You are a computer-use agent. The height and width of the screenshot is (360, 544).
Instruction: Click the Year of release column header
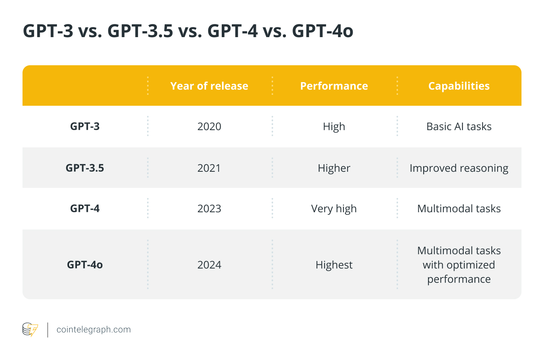[x=209, y=86]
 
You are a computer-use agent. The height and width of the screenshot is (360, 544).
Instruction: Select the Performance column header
[x=334, y=86]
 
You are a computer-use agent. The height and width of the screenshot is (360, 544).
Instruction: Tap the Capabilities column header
[x=459, y=86]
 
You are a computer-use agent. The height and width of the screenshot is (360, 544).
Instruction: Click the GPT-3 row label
[x=85, y=126]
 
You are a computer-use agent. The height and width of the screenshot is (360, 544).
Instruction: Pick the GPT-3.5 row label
[x=85, y=168]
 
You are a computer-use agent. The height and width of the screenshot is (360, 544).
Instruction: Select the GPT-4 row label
[x=85, y=208]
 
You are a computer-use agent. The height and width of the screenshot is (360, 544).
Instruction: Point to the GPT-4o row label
[x=85, y=265]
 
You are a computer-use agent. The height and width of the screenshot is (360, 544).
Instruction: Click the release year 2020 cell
[x=209, y=126]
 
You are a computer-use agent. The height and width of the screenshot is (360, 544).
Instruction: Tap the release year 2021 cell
[x=209, y=168]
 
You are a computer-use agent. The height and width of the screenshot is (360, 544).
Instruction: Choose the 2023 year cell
[x=209, y=208]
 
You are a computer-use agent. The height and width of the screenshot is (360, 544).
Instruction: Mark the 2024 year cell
[x=209, y=265]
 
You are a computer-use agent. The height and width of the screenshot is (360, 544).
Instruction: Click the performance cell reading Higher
[x=334, y=168]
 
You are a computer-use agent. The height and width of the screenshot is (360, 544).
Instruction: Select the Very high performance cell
[x=334, y=208]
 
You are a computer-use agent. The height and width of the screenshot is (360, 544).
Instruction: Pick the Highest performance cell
[x=334, y=265]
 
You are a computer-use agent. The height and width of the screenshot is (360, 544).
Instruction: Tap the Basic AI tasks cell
[x=459, y=126]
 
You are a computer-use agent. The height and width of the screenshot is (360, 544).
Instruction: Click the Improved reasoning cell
[x=459, y=168]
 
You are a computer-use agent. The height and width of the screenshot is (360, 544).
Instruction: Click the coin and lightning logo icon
[x=30, y=330]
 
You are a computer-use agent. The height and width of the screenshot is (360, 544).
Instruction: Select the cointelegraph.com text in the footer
[x=93, y=330]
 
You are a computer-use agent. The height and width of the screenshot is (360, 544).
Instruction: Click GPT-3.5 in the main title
[x=140, y=31]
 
